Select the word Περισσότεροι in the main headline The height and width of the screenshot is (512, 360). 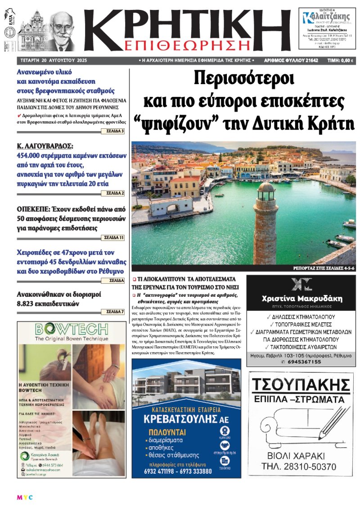pyautogui.click(x=243, y=79)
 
